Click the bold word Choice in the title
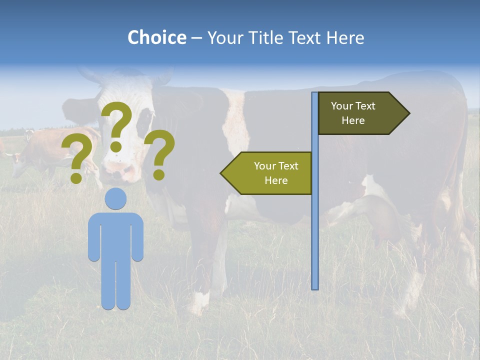tap(156, 38)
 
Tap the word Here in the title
tap(345, 38)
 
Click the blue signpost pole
tap(315, 225)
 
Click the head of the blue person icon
tap(115, 198)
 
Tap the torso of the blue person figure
tap(115, 235)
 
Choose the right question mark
tap(159, 152)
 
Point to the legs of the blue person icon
tap(115, 285)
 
